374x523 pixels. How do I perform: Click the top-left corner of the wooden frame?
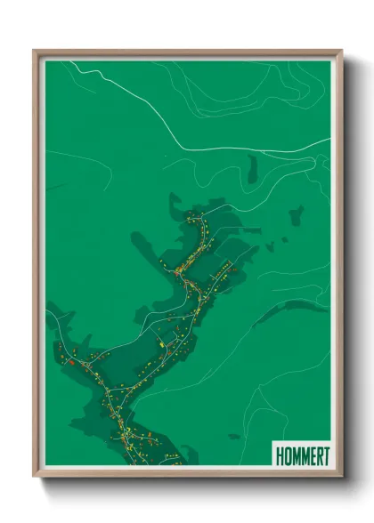click(35, 51)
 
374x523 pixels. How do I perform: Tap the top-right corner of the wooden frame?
click(341, 51)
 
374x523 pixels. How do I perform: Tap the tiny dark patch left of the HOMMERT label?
click(233, 436)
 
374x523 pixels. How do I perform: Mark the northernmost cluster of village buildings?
click(196, 218)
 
